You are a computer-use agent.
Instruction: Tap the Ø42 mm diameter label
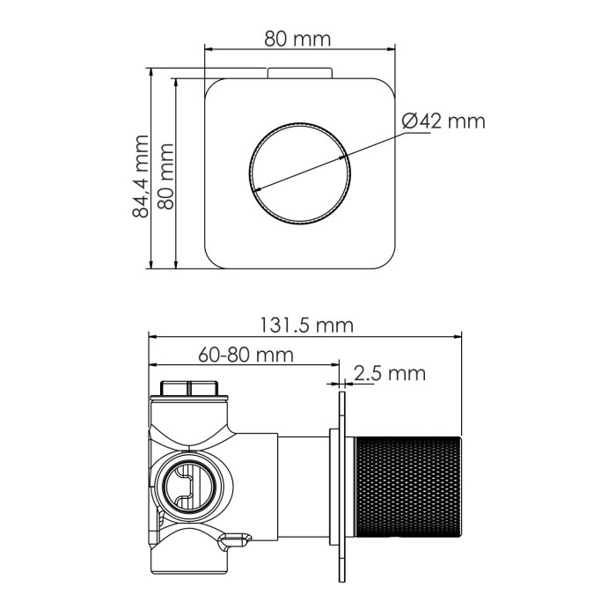click(444, 121)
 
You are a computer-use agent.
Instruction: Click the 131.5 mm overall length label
click(304, 325)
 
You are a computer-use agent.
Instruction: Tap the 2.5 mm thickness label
click(389, 373)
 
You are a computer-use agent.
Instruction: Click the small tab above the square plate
click(300, 72)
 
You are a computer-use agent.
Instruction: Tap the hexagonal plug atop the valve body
click(190, 389)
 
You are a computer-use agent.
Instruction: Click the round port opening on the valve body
click(188, 486)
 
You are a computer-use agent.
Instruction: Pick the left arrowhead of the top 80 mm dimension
click(209, 49)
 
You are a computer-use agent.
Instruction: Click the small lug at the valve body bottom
click(235, 536)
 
